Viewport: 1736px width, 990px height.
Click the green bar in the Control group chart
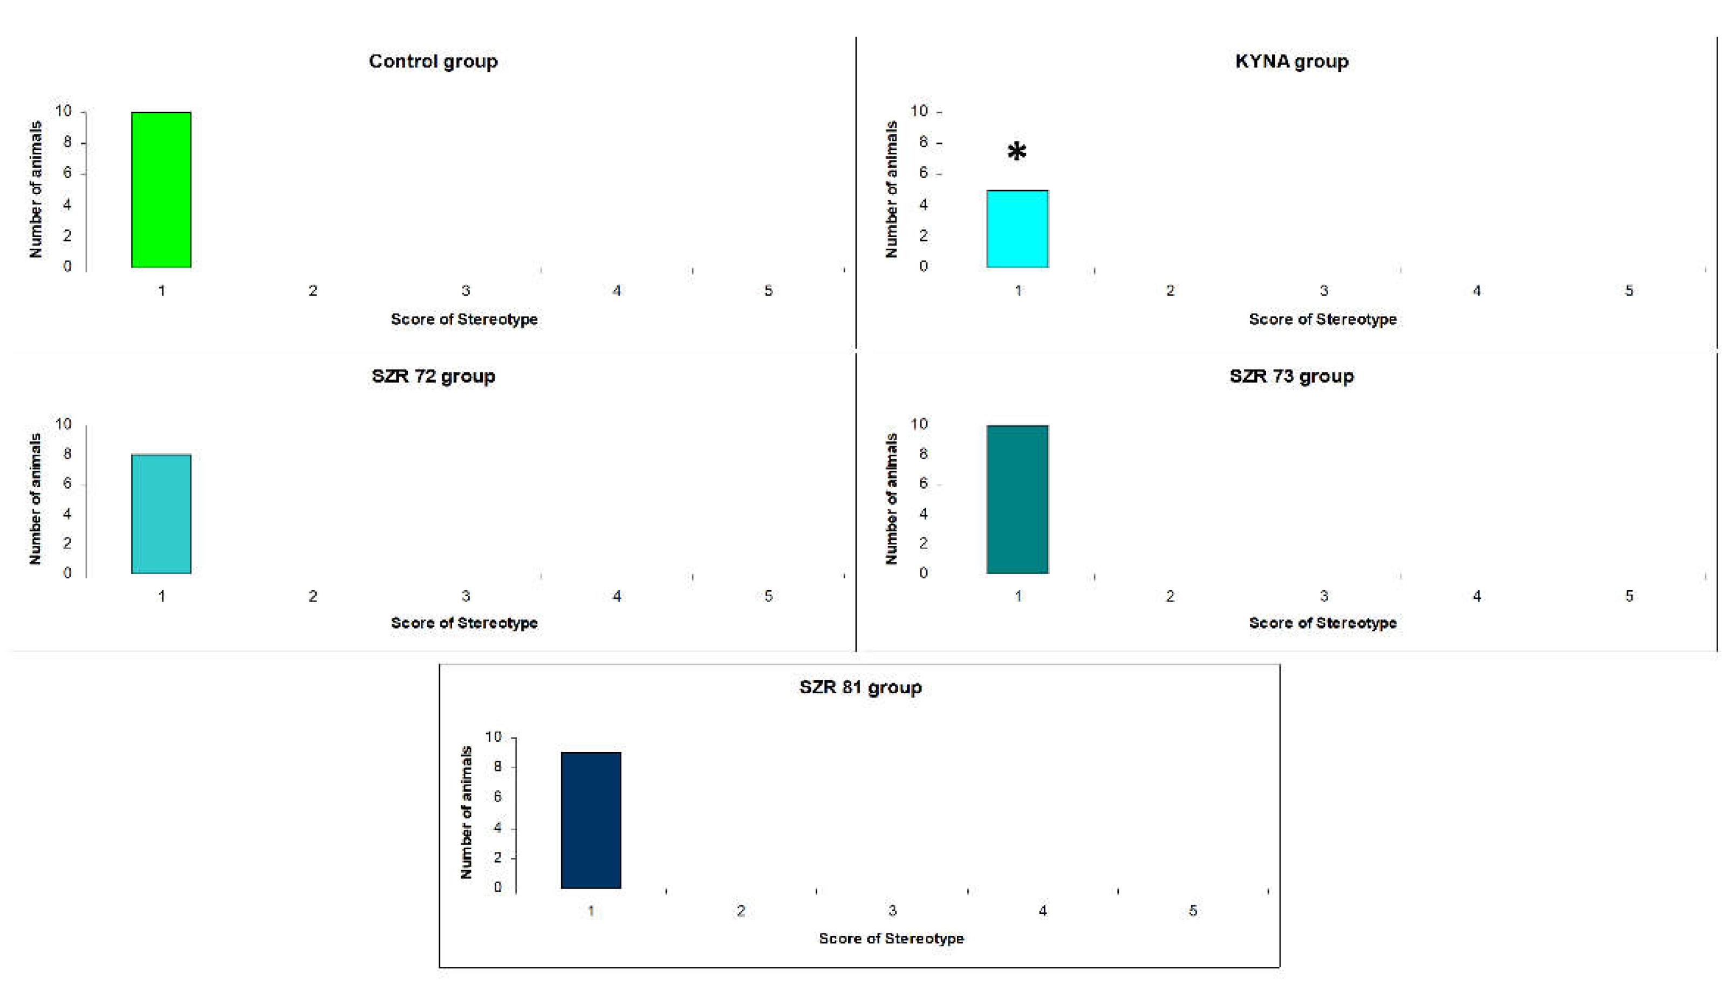(x=161, y=190)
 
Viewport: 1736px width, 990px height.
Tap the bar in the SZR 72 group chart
(x=161, y=514)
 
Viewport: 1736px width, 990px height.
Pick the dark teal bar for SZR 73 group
(x=1017, y=499)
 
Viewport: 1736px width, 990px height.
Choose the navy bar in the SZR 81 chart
(x=591, y=820)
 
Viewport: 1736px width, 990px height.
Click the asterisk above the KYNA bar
(x=1017, y=152)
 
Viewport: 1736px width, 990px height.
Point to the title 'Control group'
(x=433, y=61)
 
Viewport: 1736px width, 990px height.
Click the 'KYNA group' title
(x=1291, y=61)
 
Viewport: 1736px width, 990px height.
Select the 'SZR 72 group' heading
(x=433, y=376)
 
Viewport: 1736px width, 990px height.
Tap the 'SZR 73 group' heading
(x=1291, y=376)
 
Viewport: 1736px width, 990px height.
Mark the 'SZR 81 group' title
(x=860, y=687)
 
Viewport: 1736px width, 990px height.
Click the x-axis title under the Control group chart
(x=464, y=319)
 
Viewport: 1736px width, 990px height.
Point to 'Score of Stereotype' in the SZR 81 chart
(x=891, y=938)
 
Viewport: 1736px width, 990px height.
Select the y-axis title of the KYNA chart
(x=891, y=190)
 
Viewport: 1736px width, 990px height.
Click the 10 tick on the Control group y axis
(x=63, y=111)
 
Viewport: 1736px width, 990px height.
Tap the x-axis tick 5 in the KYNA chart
(x=1629, y=291)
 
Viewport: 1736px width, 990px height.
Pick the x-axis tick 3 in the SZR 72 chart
(x=466, y=596)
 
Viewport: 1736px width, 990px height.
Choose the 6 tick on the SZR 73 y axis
(x=923, y=483)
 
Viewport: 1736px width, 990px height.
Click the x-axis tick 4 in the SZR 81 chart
(x=1043, y=911)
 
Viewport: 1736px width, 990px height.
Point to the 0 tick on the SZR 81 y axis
(x=497, y=887)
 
